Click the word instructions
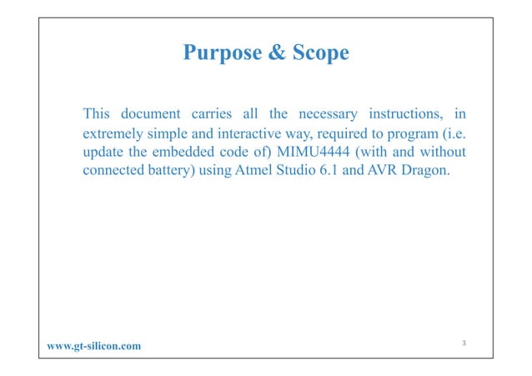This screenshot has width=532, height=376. point(404,113)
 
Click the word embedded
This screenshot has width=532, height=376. point(187,154)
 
